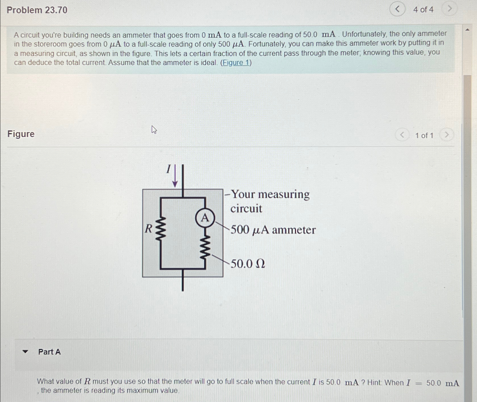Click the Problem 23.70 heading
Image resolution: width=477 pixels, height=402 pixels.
[37, 10]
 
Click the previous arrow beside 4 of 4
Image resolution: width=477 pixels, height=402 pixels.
[397, 9]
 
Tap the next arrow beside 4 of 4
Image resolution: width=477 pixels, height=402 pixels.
[450, 9]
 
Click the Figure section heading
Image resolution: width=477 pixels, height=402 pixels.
[21, 134]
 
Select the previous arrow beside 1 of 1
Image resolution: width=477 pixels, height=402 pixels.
[402, 135]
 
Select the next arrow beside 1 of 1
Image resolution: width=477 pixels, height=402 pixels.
[446, 135]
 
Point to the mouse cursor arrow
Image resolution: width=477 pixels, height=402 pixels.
[154, 130]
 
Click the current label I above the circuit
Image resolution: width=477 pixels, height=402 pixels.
[168, 169]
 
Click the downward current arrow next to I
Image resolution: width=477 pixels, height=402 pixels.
[175, 176]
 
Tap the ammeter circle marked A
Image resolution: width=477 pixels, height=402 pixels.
[205, 218]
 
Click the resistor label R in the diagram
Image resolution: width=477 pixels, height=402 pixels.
[149, 228]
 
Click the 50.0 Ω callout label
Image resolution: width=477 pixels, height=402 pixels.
[248, 264]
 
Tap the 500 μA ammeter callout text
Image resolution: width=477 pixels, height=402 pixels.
[273, 230]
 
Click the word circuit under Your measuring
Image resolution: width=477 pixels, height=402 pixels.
[246, 209]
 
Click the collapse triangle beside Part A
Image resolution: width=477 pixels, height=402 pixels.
[26, 352]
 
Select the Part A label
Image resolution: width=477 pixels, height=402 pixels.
[49, 352]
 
